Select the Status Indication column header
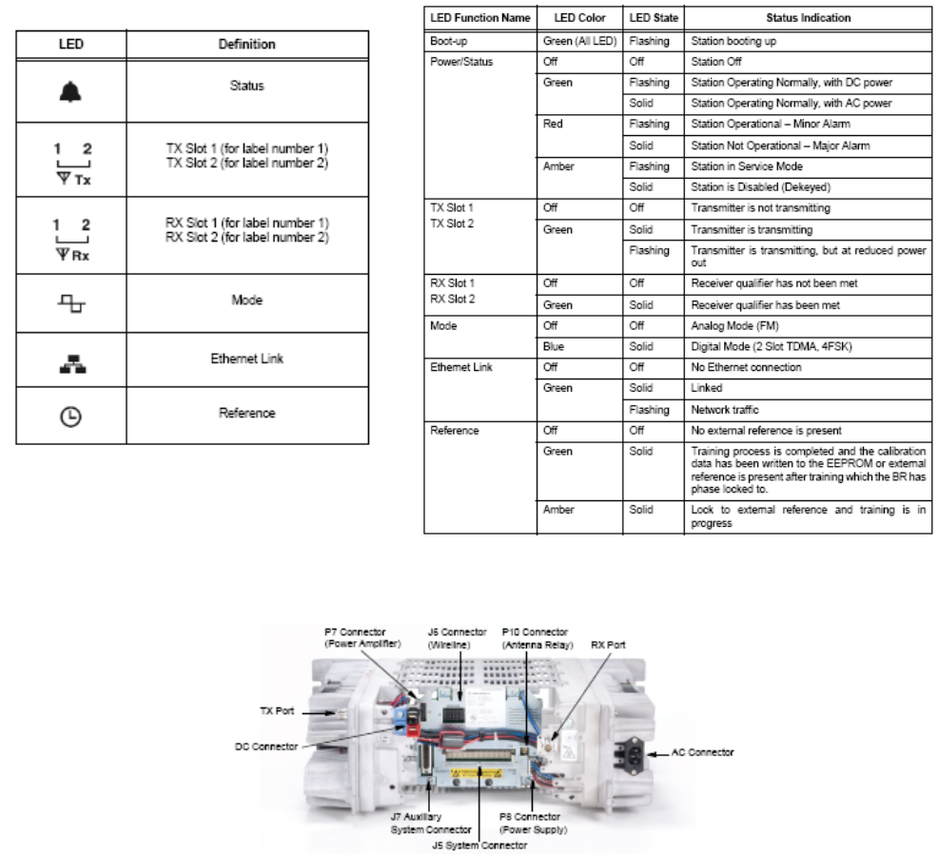(808, 18)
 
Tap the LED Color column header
(579, 18)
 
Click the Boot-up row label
(450, 41)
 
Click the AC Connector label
(702, 752)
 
